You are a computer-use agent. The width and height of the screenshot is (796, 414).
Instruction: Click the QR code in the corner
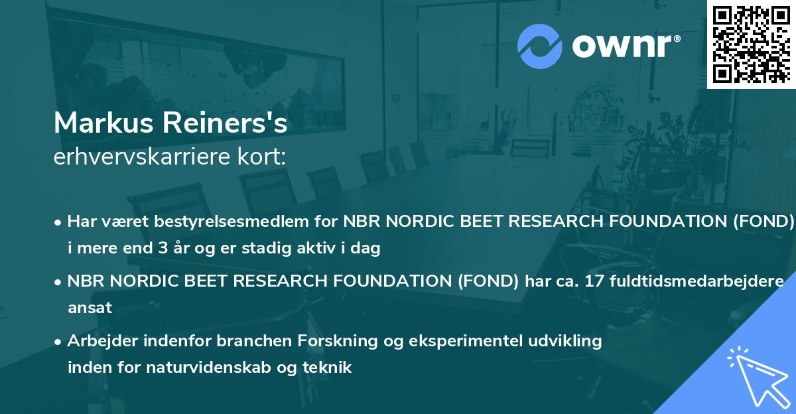point(752,44)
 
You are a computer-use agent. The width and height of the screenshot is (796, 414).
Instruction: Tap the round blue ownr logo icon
point(540,46)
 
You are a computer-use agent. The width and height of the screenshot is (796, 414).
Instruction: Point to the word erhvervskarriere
point(145,157)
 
